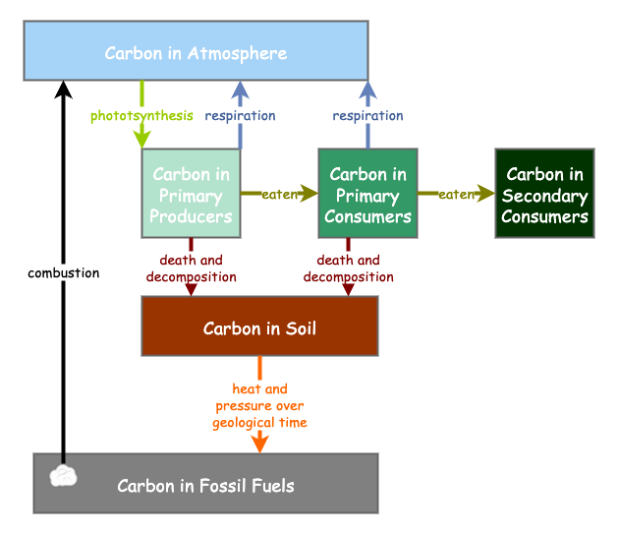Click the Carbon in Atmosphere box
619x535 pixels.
click(x=196, y=51)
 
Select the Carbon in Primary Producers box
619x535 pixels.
click(x=191, y=194)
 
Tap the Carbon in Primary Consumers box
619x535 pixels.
click(x=367, y=194)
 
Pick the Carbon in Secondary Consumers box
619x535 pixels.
click(x=544, y=194)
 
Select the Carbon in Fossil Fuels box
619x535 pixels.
click(x=205, y=485)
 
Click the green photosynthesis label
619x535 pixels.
click(x=141, y=116)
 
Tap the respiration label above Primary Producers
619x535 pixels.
click(x=240, y=116)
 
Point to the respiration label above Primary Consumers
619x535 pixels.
click(x=367, y=116)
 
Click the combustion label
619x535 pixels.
click(x=63, y=273)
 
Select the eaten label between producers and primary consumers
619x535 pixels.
click(x=279, y=195)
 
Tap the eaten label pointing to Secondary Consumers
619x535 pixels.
click(x=456, y=195)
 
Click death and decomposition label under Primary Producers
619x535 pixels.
click(x=191, y=268)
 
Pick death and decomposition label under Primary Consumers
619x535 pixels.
click(x=348, y=268)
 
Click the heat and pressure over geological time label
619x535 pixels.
click(x=259, y=406)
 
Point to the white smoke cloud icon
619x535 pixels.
click(x=64, y=476)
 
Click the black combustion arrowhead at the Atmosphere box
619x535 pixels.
click(x=64, y=89)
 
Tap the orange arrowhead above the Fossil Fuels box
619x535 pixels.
click(x=259, y=445)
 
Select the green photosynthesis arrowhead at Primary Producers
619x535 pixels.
click(x=141, y=140)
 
